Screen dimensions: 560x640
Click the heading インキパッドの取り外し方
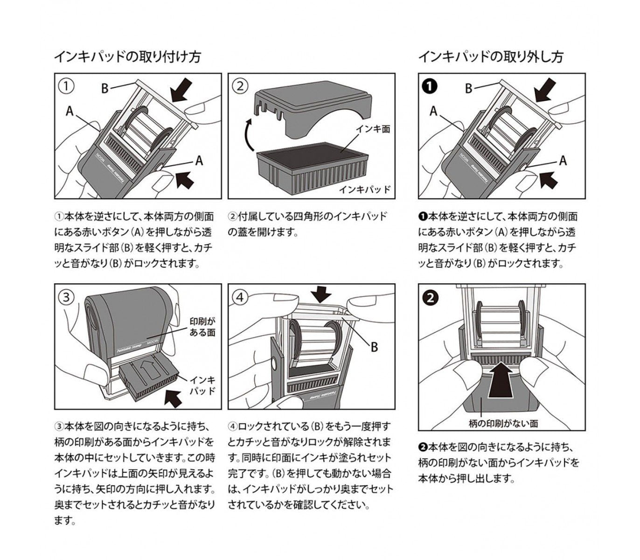pyautogui.click(x=490, y=57)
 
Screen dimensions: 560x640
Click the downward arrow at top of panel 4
pyautogui.click(x=320, y=294)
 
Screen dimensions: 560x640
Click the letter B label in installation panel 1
pyautogui.click(x=105, y=88)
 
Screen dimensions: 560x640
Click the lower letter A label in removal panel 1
pyautogui.click(x=563, y=161)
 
